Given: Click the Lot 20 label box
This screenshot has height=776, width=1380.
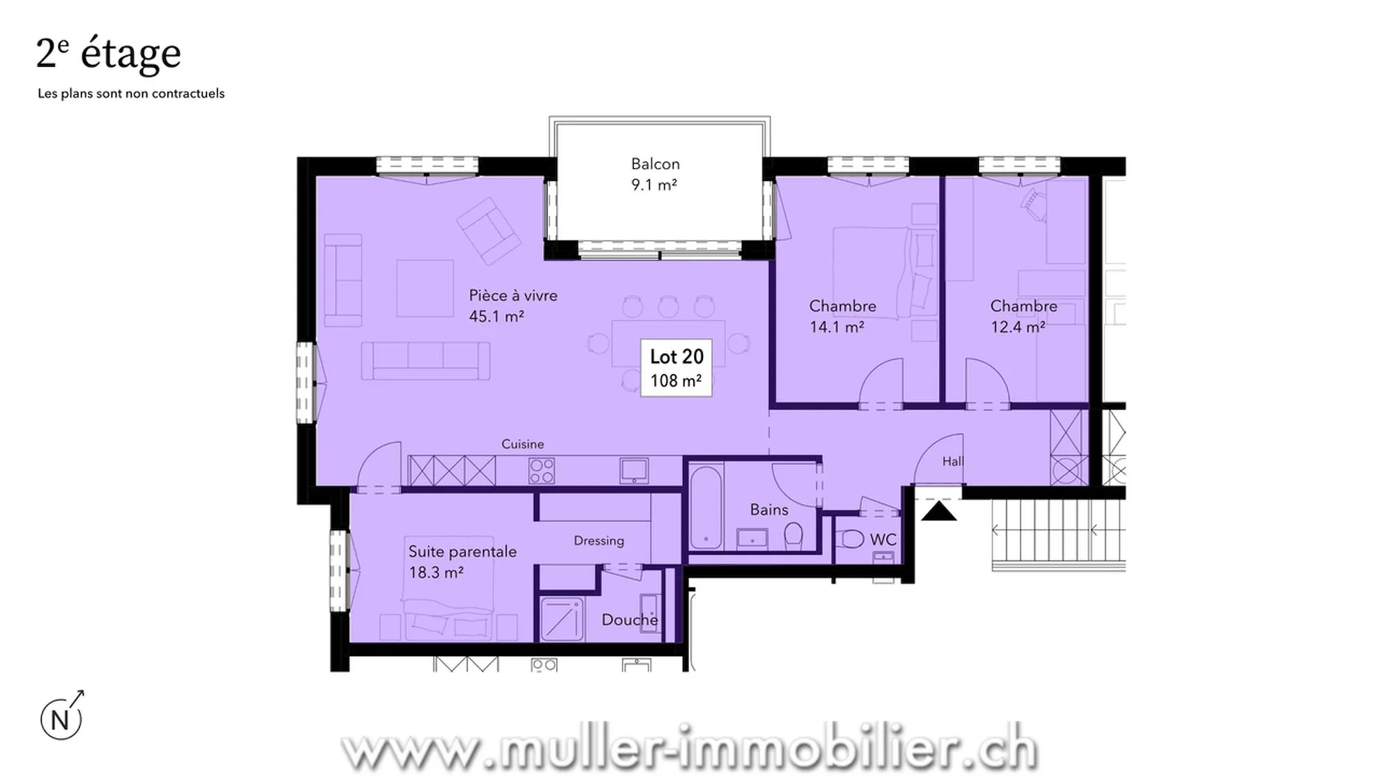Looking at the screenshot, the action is click(676, 368).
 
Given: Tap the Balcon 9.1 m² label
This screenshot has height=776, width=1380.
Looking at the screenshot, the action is click(655, 175).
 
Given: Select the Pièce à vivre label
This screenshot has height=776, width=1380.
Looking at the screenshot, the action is click(513, 305).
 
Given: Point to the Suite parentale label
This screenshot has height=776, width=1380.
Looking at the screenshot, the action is click(462, 562).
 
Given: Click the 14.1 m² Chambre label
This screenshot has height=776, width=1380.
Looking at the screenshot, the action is click(842, 316).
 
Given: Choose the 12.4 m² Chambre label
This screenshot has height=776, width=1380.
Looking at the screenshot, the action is click(1023, 316).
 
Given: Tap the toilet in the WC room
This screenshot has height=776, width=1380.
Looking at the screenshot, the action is click(852, 538).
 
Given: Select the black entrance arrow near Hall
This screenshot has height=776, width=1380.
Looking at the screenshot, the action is click(939, 511).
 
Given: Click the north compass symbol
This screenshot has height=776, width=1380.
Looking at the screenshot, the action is click(62, 716).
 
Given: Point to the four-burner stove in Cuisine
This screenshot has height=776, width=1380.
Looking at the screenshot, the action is click(542, 471).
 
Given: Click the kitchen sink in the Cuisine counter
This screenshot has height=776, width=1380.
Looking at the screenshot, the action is click(635, 471).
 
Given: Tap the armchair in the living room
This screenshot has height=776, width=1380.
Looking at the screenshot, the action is click(489, 231).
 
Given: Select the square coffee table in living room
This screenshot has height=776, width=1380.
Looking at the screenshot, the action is click(425, 288).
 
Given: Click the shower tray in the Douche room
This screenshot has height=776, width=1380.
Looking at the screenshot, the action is click(562, 619).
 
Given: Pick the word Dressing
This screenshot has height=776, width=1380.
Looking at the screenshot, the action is click(599, 541).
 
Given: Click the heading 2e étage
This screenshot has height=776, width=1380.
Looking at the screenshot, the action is click(109, 54).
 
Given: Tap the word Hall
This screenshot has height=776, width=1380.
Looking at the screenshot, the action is click(953, 461).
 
